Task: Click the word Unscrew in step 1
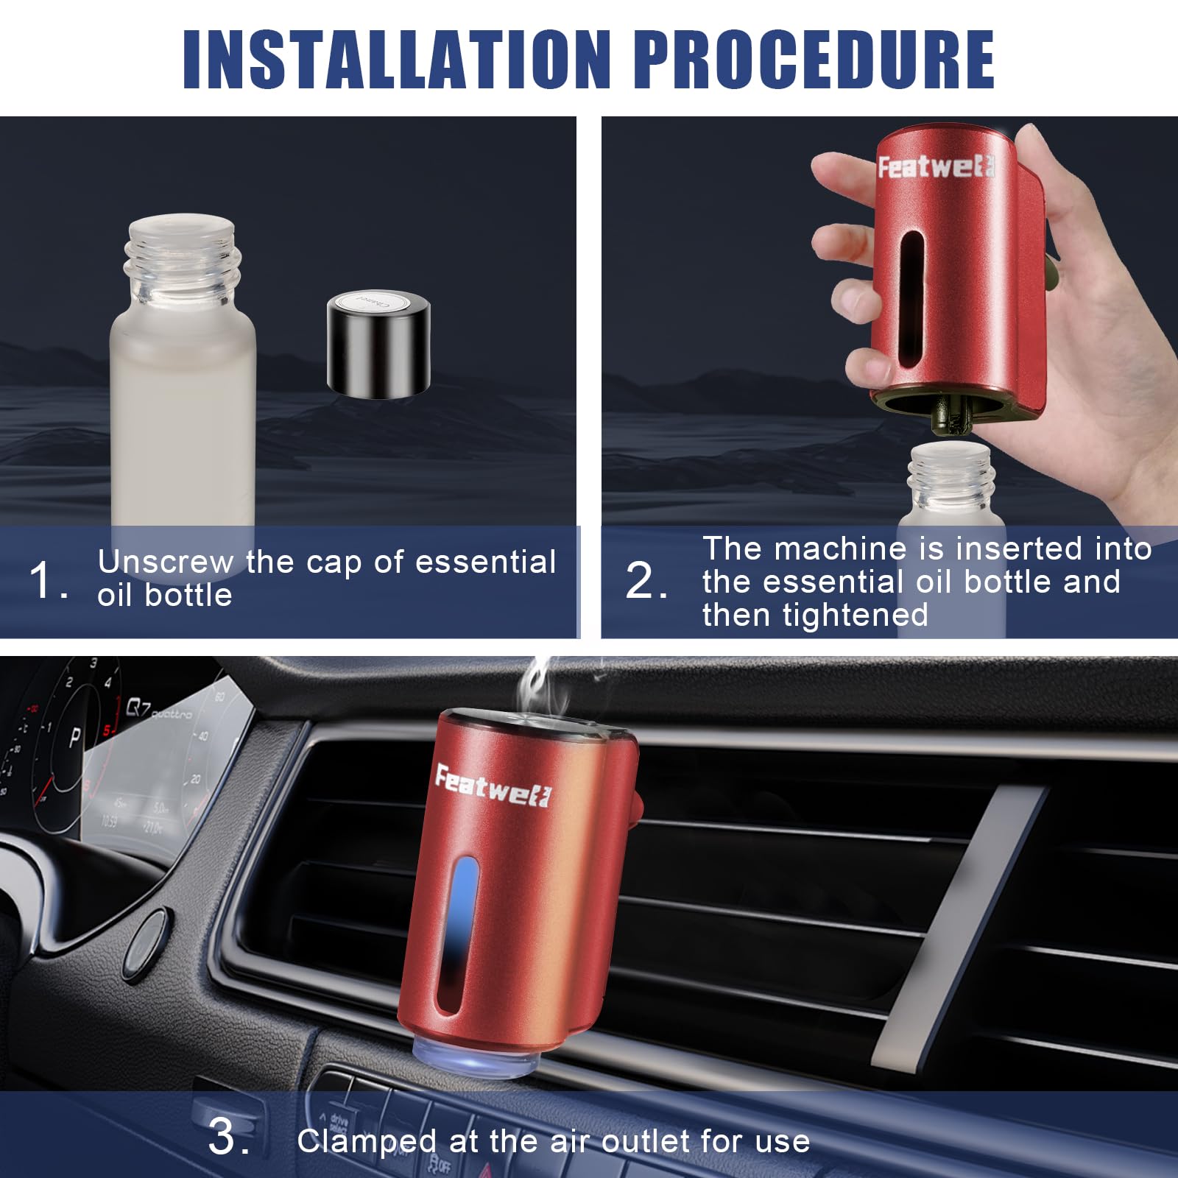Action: pyautogui.click(x=165, y=562)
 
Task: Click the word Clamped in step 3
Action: pyautogui.click(x=366, y=1141)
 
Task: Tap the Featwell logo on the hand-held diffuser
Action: pyautogui.click(x=935, y=168)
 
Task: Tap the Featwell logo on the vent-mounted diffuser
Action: pyautogui.click(x=492, y=786)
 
